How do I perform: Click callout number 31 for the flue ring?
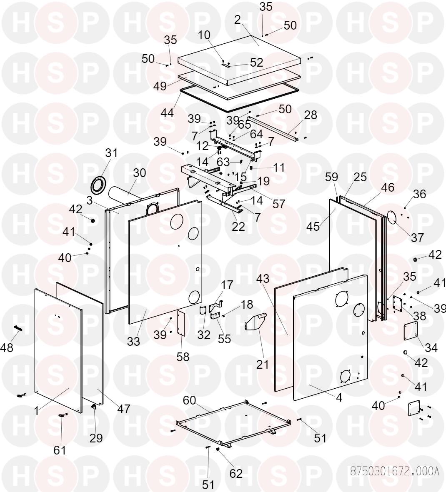[111, 153]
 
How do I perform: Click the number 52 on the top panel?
[256, 62]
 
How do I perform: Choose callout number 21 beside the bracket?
[262, 364]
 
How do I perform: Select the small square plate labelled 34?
[411, 332]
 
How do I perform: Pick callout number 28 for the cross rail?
[311, 115]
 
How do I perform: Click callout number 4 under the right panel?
[339, 397]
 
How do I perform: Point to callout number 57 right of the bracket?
[278, 204]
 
